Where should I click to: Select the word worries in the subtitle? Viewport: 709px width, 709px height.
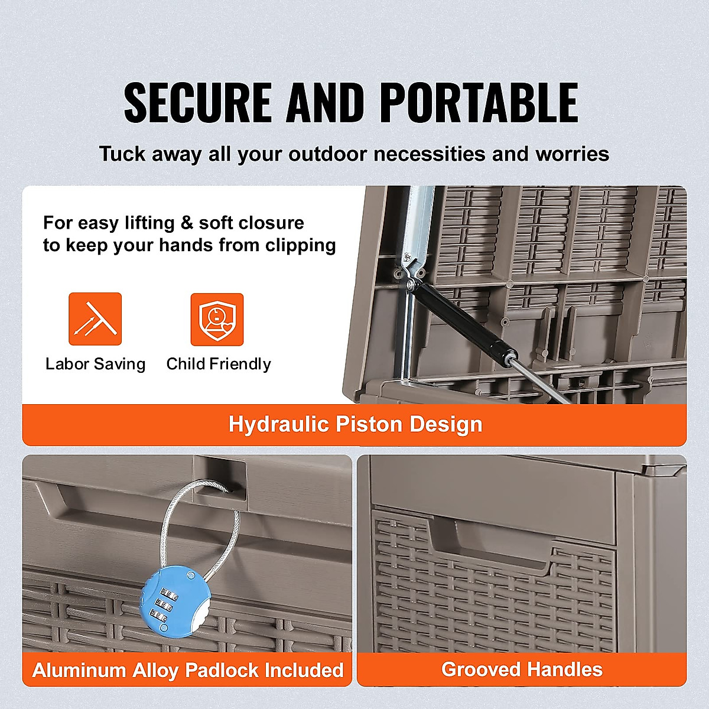coord(572,154)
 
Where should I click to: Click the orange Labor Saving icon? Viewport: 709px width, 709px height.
coord(95,319)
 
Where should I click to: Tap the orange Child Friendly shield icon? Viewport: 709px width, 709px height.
coord(217,319)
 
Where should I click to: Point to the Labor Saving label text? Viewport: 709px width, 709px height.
coord(95,364)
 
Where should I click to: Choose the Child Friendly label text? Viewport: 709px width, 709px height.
coord(219,364)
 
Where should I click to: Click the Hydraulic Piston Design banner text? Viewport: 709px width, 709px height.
coord(355,424)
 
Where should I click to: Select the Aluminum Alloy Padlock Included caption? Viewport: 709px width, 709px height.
coord(188,670)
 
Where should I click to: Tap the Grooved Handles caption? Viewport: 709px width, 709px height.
coord(522,669)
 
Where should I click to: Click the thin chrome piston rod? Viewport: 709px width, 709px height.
coord(541,381)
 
